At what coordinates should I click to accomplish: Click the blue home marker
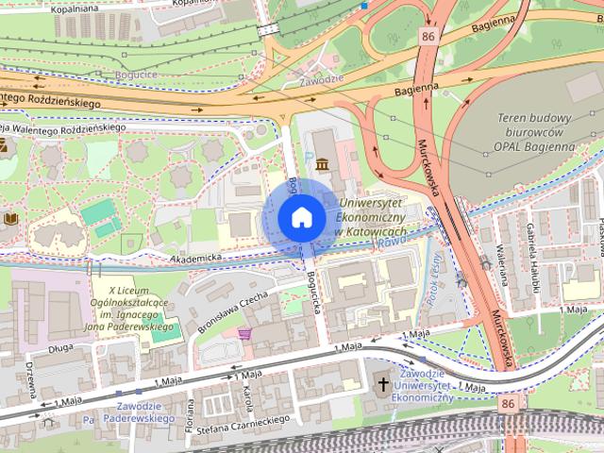point(301,218)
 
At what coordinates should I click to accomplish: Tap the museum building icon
point(324,165)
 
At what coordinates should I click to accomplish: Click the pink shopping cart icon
point(245,334)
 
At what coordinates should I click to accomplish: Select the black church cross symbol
point(383,383)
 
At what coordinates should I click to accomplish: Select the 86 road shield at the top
point(429,37)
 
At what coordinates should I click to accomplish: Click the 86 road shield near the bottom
point(509,403)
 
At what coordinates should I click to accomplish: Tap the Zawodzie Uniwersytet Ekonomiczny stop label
point(422,386)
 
